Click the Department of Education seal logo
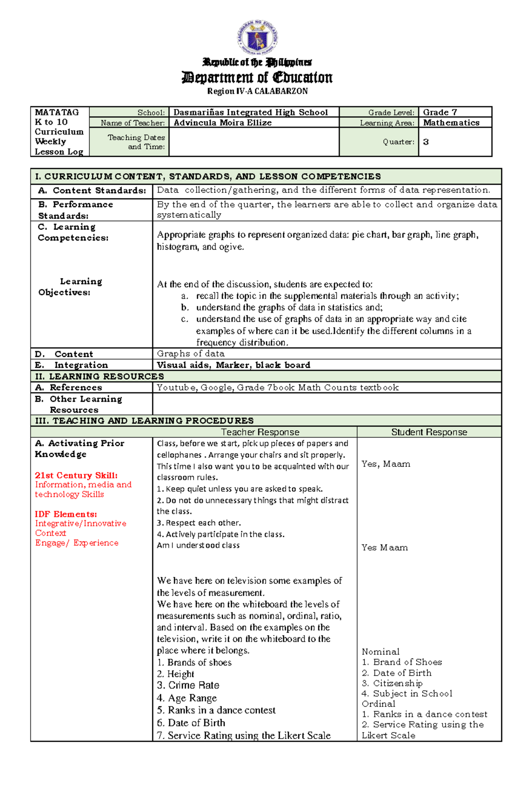click(257, 39)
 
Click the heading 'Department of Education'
click(257, 78)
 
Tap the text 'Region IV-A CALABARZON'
click(257, 91)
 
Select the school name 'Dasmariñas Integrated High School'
click(251, 112)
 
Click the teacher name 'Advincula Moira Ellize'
click(222, 123)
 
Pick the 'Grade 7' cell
click(440, 112)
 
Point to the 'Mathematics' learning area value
click(451, 123)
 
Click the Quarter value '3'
click(426, 142)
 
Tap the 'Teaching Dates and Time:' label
click(136, 142)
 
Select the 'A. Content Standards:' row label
click(92, 191)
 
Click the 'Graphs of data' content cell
click(191, 354)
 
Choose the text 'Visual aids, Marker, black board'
click(233, 365)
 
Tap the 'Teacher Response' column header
click(260, 432)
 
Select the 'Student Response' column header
click(429, 432)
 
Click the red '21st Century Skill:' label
click(76, 475)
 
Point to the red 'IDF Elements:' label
click(66, 514)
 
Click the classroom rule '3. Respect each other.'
click(199, 523)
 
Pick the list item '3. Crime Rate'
click(188, 685)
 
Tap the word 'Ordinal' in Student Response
click(379, 704)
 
